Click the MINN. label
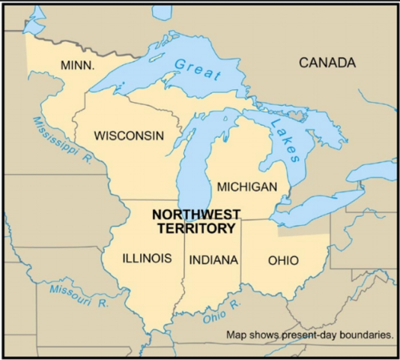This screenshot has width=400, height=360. [x=77, y=66]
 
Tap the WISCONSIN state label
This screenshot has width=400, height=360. [x=128, y=136]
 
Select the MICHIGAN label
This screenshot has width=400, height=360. [x=252, y=186]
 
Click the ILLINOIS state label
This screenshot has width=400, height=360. [x=147, y=259]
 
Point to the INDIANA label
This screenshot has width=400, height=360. [x=213, y=260]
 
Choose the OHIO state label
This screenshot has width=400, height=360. [x=282, y=260]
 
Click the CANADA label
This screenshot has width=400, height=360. [x=327, y=63]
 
